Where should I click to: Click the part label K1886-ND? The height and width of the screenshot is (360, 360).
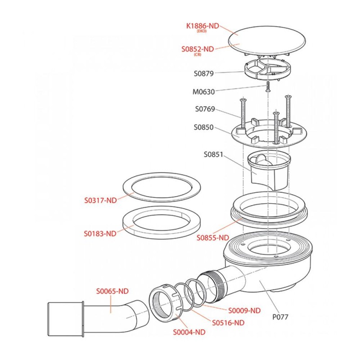[x=202, y=26]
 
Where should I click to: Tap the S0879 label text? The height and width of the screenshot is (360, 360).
[x=204, y=73]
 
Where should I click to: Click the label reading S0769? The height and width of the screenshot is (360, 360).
[x=205, y=109]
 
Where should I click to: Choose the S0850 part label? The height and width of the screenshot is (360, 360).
[x=204, y=127]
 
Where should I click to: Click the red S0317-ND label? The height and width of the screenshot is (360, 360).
[x=100, y=200]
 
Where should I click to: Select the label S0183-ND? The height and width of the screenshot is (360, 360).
[x=100, y=234]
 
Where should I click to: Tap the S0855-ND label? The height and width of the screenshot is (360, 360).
[x=213, y=237]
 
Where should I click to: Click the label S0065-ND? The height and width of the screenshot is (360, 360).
[x=112, y=291]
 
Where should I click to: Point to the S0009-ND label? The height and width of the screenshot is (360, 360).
[x=244, y=310]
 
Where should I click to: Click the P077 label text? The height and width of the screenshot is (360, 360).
[x=280, y=317]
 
